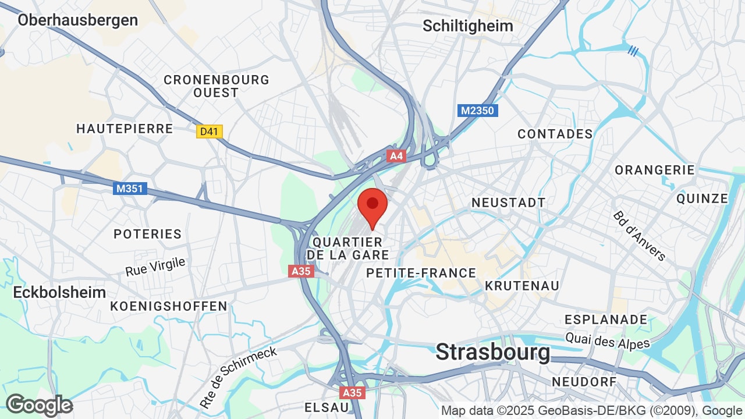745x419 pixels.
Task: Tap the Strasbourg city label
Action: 492,352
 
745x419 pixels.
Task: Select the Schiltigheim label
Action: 468,26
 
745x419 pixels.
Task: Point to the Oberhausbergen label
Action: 77,20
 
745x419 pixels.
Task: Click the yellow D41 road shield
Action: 209,132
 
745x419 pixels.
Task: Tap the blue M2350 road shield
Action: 477,110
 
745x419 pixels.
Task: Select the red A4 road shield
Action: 396,156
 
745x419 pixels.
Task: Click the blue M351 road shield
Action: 131,189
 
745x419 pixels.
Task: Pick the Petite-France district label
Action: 421,273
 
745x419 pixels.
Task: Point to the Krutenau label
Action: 522,286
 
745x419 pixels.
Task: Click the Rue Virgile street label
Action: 155,267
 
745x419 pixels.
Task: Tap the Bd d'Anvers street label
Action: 639,236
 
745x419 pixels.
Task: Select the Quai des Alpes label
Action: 608,340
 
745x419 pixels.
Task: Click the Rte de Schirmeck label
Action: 239,377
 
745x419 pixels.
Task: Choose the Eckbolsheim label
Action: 60,292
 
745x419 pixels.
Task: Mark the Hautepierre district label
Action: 125,129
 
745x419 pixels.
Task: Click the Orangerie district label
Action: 655,170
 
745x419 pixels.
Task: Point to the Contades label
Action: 555,134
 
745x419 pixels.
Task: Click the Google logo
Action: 39,405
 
